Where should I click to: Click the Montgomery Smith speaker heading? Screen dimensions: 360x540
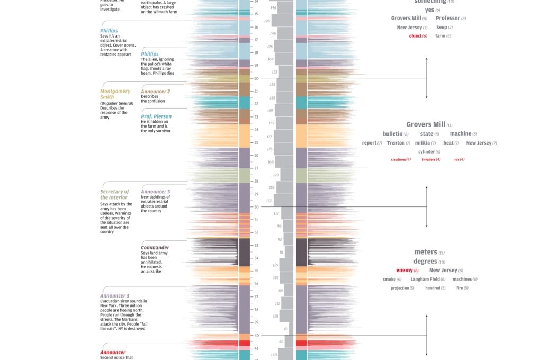coord(115,94)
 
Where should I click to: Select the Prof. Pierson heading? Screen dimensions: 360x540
coord(156,116)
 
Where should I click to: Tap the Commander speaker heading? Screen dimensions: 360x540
coord(155,248)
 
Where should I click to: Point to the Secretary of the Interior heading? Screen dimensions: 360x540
coord(115,194)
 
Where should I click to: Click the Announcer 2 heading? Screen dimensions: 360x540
coord(156,91)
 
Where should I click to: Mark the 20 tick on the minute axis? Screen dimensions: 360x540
coord(256,78)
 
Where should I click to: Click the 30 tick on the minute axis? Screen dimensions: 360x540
coord(256,207)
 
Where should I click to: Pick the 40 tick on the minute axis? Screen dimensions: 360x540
coord(256,336)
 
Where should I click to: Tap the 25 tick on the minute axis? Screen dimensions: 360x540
coord(256,142)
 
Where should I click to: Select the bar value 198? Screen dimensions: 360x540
coord(267,21)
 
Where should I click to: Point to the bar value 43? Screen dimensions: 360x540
coord(286,329)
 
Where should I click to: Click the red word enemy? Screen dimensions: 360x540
coord(404,271)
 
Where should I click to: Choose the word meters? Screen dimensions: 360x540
coord(426,253)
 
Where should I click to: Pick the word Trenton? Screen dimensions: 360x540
coord(395,143)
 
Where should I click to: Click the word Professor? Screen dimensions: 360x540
coord(447,19)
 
